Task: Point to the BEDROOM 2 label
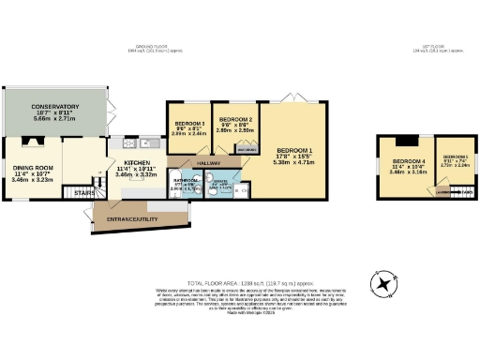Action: click(x=236, y=120)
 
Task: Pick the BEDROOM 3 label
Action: click(x=190, y=123)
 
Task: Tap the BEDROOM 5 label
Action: click(x=456, y=156)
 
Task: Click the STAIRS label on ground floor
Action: click(x=71, y=193)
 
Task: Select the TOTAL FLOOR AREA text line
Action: click(x=239, y=282)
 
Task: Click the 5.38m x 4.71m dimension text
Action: click(x=295, y=161)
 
